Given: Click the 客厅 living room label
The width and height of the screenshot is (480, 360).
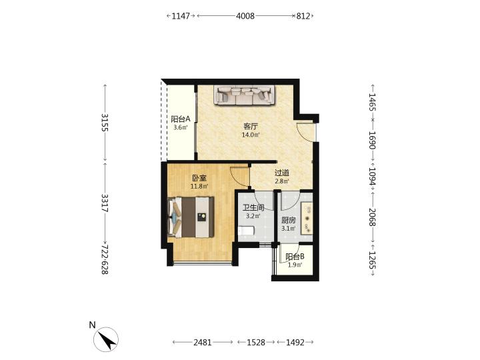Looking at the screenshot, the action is coord(251,126).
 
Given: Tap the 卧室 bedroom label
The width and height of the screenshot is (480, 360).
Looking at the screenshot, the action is coord(199,178).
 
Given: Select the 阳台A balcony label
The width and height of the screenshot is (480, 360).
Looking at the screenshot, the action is coord(181,119).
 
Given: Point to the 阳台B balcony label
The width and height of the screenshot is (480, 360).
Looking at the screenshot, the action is coord(295,257).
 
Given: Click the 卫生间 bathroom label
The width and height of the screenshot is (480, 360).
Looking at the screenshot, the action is coord(253,207).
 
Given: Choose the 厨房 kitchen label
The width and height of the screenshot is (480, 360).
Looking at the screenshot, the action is coord(289,220).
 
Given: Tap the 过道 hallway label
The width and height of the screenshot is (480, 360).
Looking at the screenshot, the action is coord(282,173).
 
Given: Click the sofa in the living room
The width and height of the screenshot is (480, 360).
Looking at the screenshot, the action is coord(245,95).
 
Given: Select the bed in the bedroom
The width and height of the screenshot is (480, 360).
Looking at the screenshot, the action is coord(191,217).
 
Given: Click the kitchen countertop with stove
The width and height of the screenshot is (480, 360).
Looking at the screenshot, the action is coord(307,218).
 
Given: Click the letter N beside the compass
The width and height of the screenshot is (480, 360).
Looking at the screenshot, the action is coord(92,325).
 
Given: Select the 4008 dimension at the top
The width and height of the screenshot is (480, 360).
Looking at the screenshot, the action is coord(245,16).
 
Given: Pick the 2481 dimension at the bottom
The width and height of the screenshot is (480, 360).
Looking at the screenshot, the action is coord(203,342).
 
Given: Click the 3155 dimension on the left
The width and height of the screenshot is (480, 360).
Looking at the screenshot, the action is coord(105,123).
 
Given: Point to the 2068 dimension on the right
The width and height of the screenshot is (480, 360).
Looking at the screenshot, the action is coord(373,217).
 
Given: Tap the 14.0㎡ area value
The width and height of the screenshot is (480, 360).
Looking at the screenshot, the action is coord(251,135).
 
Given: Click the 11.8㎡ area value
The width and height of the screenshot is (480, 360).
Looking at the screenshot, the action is coord(199,186).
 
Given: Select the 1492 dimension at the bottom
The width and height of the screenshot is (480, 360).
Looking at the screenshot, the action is coord(295,342).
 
